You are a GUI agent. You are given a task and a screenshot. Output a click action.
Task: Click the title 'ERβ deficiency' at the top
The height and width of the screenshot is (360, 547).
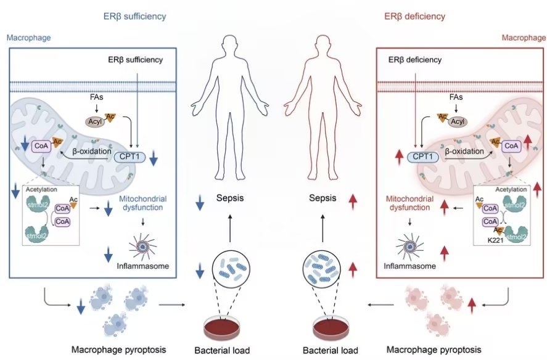pyautogui.click(x=415, y=17)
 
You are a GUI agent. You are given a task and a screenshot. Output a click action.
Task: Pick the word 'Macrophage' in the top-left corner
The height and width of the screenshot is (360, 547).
pyautogui.click(x=28, y=38)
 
